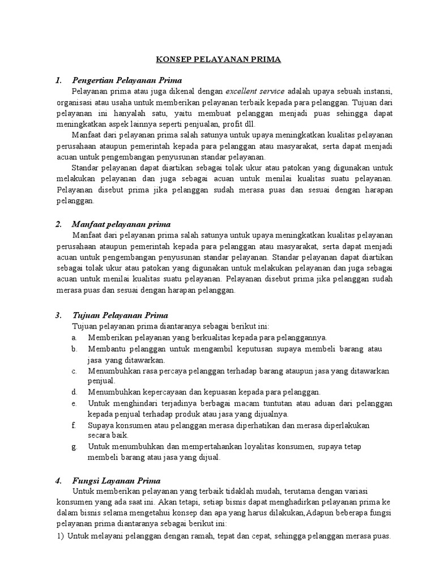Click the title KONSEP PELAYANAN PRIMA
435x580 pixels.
[x=218, y=59]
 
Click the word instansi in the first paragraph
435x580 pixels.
[x=377, y=91]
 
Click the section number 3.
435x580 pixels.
[x=58, y=315]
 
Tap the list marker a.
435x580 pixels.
[x=74, y=338]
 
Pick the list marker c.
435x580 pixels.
[x=74, y=371]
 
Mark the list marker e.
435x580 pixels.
[x=74, y=403]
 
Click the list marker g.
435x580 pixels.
[x=74, y=446]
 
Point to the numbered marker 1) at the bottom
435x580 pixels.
[x=60, y=535]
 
